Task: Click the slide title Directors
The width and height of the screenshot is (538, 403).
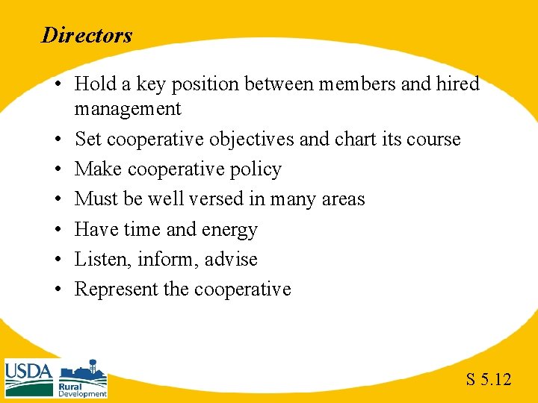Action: click(87, 35)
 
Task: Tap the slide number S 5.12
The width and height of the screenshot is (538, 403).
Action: click(489, 380)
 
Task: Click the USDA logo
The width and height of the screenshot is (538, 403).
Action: click(29, 377)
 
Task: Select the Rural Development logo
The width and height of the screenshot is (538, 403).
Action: click(83, 379)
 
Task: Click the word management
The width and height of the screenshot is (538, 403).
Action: click(128, 109)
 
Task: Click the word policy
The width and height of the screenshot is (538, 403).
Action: click(254, 170)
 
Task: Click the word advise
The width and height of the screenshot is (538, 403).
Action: click(232, 259)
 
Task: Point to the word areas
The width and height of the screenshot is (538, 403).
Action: click(340, 199)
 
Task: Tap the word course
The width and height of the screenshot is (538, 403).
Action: click(433, 140)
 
